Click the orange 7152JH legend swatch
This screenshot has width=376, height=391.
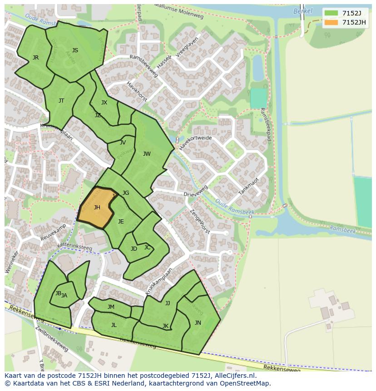pos(331,22)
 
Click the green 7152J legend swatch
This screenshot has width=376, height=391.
pos(331,13)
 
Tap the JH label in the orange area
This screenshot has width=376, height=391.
pos(97,208)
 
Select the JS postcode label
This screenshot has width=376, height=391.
pos(75,50)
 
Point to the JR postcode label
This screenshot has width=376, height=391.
pos(35,58)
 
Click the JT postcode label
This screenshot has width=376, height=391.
pos(61,101)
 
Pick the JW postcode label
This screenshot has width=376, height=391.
pos(147,154)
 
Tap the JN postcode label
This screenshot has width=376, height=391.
pos(198,323)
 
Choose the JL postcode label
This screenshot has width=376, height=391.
pos(114,325)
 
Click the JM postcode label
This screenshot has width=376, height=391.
pos(111,307)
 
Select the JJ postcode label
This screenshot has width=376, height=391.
pos(168,303)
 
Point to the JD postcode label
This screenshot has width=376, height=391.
pos(134,249)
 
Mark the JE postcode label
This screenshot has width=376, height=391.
pos(121,222)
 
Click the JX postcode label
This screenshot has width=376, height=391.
pos(104,103)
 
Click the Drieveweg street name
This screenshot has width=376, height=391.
pos(196,191)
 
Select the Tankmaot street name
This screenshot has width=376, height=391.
pos(248,186)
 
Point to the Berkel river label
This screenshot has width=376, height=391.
pos(303,11)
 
